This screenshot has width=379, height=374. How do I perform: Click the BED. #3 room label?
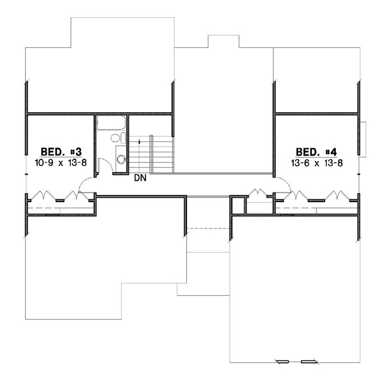pyautogui.click(x=62, y=152)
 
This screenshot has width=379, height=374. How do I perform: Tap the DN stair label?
pyautogui.click(x=140, y=179)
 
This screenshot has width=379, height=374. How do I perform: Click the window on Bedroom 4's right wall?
pyautogui.click(x=364, y=138)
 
